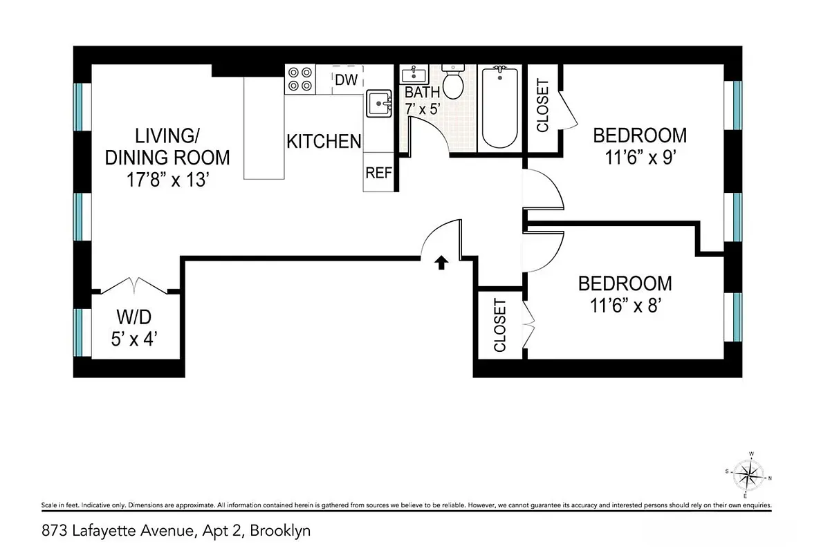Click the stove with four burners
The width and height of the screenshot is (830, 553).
coord(300,79)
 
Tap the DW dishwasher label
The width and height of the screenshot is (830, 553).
coord(347,80)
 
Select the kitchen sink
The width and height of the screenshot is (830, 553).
coord(379,104)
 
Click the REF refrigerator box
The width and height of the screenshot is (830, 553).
coord(379,173)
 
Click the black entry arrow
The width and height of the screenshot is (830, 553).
coord(440,262)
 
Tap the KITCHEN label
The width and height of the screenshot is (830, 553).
coord(324,141)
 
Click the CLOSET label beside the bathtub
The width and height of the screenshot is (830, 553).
coord(543,106)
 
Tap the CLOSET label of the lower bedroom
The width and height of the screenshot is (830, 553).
coord(500,326)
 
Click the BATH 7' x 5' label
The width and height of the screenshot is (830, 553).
coord(422,100)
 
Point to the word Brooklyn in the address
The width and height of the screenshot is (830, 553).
coord(280,532)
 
